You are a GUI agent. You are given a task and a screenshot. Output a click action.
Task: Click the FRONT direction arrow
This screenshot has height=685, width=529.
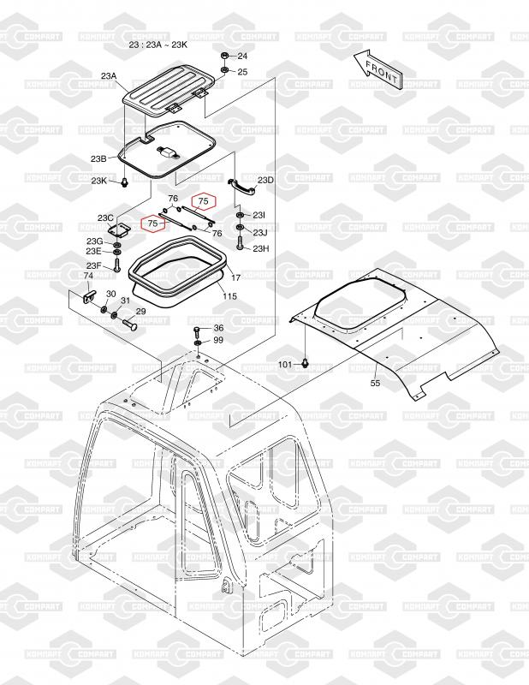pyautogui.click(x=377, y=71)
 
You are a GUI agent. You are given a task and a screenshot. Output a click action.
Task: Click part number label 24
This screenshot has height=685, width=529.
pyautogui.click(x=242, y=56)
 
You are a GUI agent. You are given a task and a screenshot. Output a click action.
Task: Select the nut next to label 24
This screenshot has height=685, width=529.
pyautogui.click(x=223, y=56)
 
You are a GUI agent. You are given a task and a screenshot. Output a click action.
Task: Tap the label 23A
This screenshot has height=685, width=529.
pyautogui.click(x=109, y=75)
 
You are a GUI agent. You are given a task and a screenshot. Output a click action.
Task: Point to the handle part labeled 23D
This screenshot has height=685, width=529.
pyautogui.click(x=241, y=186)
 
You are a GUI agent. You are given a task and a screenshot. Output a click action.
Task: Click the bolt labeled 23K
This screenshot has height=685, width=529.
pyautogui.click(x=124, y=182)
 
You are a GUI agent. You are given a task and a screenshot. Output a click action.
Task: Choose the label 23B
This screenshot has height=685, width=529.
pyautogui.click(x=98, y=159)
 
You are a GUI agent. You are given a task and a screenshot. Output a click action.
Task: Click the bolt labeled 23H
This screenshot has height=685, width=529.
pyautogui.click(x=241, y=243)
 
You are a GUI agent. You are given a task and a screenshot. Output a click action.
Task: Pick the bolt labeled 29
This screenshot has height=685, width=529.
pyautogui.click(x=130, y=325)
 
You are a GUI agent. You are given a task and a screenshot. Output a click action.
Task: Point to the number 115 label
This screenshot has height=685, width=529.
pyautogui.click(x=229, y=296)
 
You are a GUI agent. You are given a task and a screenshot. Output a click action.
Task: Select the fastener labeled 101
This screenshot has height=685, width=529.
pyautogui.click(x=305, y=362)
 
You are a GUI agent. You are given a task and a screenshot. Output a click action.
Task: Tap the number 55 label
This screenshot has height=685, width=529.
pyautogui.click(x=375, y=383)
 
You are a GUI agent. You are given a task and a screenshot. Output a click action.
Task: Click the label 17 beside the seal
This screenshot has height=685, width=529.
pyautogui.click(x=235, y=277)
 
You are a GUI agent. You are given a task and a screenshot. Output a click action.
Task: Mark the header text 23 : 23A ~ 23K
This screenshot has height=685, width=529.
pyautogui.click(x=158, y=45)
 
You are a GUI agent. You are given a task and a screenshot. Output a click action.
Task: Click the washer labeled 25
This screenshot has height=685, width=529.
pyautogui.click(x=223, y=71)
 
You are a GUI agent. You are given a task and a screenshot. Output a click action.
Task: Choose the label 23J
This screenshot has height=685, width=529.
pyautogui.click(x=260, y=232)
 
